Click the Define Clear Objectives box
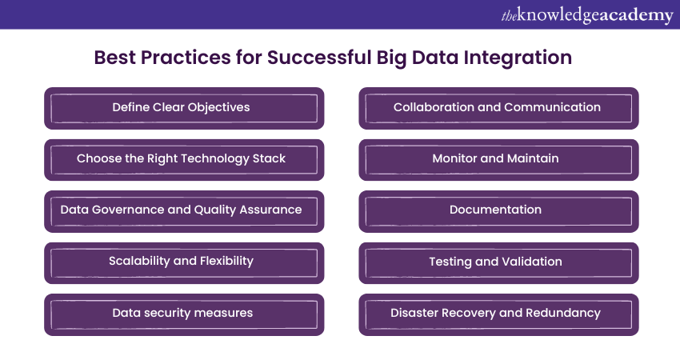click(x=184, y=108)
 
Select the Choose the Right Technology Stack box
click(x=184, y=160)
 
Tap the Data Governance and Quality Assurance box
click(x=184, y=211)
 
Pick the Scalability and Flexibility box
click(x=184, y=263)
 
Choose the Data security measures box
click(x=184, y=314)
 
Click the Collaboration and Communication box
click(x=498, y=108)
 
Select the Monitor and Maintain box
click(x=498, y=160)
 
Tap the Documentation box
click(x=498, y=211)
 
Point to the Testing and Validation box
click(x=498, y=263)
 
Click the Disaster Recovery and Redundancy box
click(x=498, y=314)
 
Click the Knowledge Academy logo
click(x=587, y=16)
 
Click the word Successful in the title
click(x=318, y=58)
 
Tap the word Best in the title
click(x=114, y=58)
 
